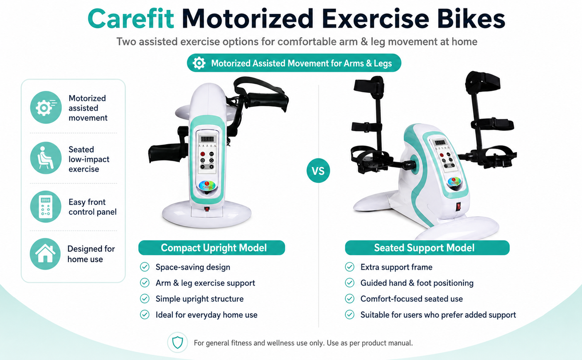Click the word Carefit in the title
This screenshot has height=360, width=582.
click(131, 19)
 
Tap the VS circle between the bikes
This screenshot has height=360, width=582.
click(318, 171)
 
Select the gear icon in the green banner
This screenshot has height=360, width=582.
click(199, 63)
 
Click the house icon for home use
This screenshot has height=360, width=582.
click(45, 254)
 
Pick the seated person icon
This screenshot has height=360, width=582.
click(46, 158)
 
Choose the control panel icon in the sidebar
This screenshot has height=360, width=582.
click(46, 207)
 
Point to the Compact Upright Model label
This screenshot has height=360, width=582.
click(211, 248)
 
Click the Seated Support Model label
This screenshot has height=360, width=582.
click(427, 248)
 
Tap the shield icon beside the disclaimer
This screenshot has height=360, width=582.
click(178, 343)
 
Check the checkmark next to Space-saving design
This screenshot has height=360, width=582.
click(145, 267)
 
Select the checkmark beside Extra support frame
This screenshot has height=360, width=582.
click(350, 267)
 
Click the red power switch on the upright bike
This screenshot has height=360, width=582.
click(207, 209)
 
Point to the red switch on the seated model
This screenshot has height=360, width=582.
click(459, 207)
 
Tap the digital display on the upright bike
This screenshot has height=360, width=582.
click(207, 139)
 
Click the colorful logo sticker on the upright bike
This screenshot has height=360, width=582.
click(207, 185)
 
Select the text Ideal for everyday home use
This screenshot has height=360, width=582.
click(207, 315)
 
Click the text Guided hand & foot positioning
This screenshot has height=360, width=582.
click(417, 283)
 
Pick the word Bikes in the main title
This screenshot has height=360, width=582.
click(471, 19)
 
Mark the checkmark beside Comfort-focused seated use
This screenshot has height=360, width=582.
click(350, 299)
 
